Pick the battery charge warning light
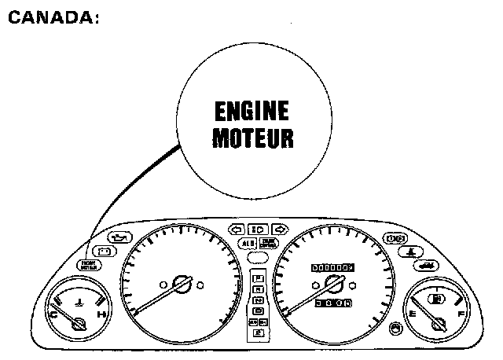click(105, 251)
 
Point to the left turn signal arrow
click(234, 229)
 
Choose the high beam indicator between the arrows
click(257, 229)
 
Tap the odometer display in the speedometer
click(333, 267)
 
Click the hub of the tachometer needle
click(182, 283)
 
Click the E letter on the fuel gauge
click(412, 314)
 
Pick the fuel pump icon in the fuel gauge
click(438, 299)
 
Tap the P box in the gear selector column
click(258, 278)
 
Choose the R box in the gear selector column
click(258, 289)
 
